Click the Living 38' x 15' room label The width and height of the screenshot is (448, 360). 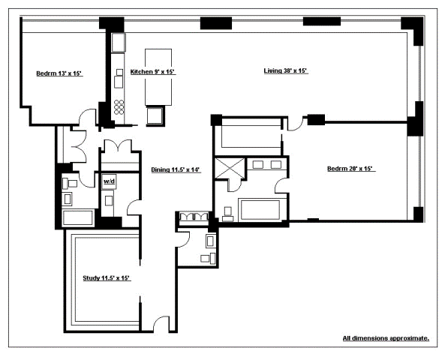coord(285,70)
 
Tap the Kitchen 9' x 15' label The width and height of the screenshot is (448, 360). coord(152,72)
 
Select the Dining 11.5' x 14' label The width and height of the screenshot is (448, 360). coord(176,169)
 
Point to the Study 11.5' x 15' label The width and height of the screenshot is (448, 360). coord(107,278)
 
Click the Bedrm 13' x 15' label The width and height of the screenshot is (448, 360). coord(59,73)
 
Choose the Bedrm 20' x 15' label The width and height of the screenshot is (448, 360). coord(351,169)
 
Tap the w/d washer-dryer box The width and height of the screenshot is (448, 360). coord(109,181)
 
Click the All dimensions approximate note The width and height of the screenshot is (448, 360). coord(386,338)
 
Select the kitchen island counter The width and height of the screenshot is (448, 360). coord(158,77)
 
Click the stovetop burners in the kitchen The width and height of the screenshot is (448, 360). coord(119,107)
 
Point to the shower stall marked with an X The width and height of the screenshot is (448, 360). coord(230,169)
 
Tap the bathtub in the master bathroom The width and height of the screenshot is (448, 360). coord(260,210)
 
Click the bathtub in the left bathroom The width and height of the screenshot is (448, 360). coord(78,217)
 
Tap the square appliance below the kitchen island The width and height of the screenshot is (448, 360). coord(155,115)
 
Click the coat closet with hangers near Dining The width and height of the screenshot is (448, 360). coord(194,217)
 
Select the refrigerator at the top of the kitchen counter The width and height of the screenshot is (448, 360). coord(119,43)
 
